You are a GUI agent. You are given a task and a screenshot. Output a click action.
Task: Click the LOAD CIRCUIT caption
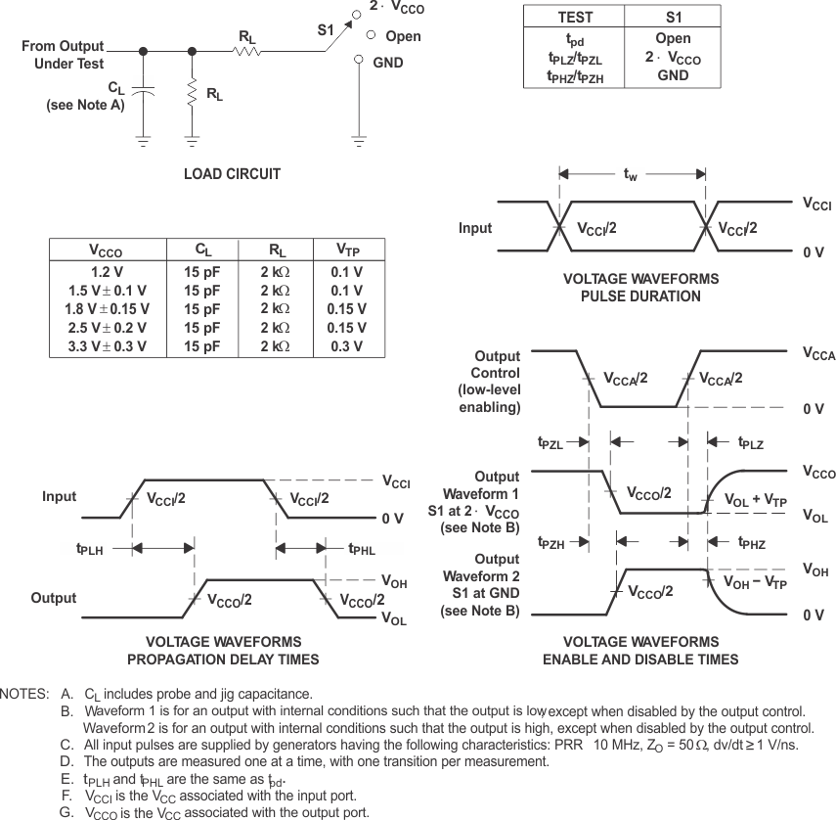click(x=232, y=174)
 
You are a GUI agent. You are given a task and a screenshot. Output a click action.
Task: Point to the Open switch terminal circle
click(x=371, y=35)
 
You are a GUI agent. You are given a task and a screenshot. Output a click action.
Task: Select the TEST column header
click(x=574, y=17)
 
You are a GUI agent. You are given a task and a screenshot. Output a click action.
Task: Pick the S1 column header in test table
click(x=673, y=17)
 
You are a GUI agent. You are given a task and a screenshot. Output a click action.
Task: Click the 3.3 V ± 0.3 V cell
click(x=107, y=346)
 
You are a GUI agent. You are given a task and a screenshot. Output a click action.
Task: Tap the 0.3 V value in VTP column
click(x=346, y=346)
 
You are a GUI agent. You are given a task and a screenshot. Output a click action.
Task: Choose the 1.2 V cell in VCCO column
click(x=107, y=273)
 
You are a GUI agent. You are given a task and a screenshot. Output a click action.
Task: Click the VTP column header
click(x=346, y=250)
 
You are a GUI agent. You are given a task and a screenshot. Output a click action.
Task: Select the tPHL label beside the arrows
click(x=362, y=549)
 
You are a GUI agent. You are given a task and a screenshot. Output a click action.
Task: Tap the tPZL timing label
click(x=550, y=442)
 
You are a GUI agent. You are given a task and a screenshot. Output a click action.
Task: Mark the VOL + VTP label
click(x=755, y=500)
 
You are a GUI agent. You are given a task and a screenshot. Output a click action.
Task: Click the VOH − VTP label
click(x=755, y=581)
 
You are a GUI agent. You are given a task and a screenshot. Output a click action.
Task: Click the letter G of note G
click(x=66, y=811)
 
